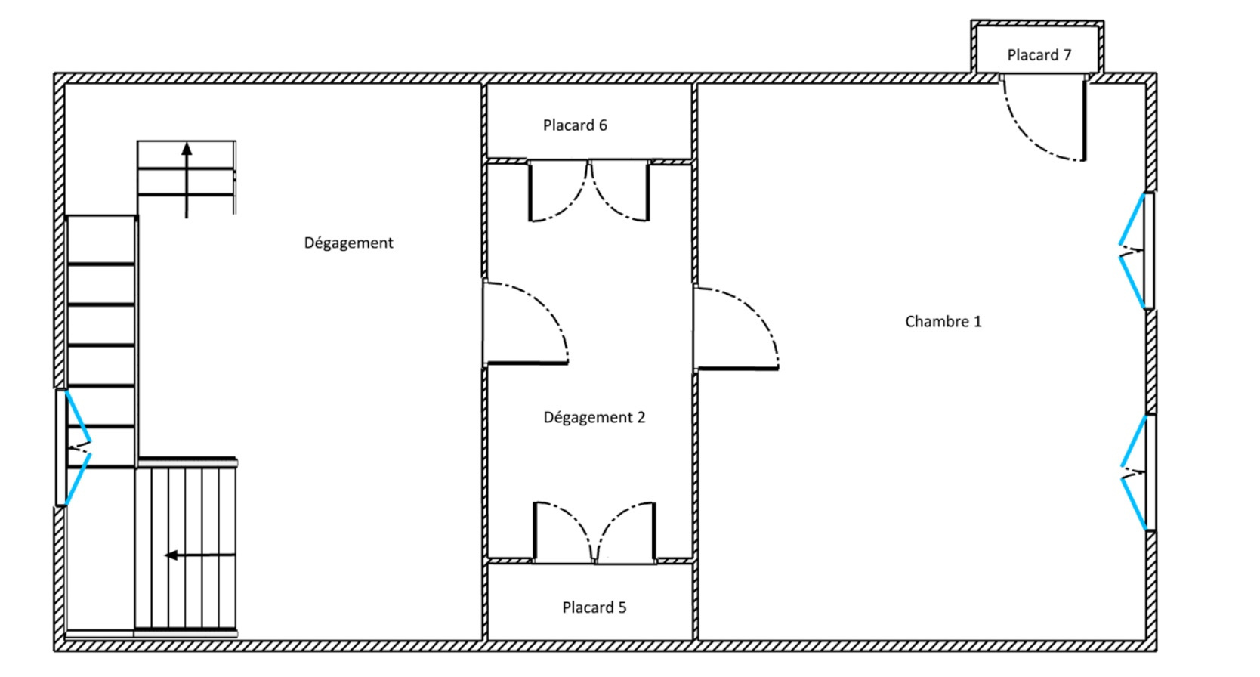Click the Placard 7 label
point(1039,55)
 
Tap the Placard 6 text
point(575,125)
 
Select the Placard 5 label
point(594,607)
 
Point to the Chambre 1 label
point(943,321)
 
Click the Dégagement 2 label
point(594,418)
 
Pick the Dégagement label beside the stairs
point(348,243)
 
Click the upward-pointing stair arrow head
point(187,149)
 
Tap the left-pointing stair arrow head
point(171,555)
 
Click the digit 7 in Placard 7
point(1067,55)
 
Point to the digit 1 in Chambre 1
point(977,321)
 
